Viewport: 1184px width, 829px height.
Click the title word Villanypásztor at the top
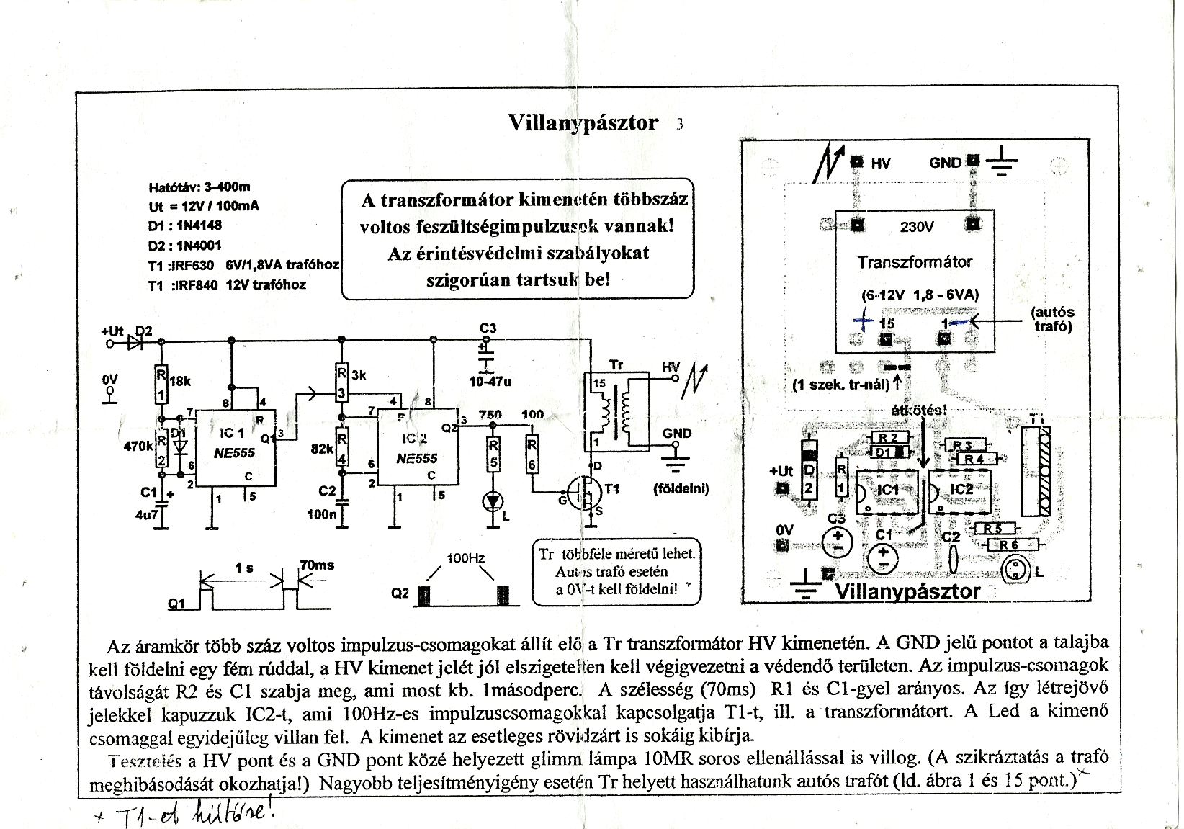point(583,122)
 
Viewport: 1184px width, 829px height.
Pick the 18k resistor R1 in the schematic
point(162,385)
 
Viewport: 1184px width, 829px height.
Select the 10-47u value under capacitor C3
point(489,382)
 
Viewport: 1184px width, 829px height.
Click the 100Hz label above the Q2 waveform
point(465,558)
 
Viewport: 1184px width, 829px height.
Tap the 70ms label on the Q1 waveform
point(317,565)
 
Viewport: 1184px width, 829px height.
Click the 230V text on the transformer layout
point(917,227)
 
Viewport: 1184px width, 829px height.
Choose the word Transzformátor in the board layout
point(914,262)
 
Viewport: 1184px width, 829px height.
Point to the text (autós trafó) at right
point(1051,319)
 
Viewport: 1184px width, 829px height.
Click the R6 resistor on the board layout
point(1008,545)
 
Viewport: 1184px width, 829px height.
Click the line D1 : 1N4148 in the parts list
point(185,225)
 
